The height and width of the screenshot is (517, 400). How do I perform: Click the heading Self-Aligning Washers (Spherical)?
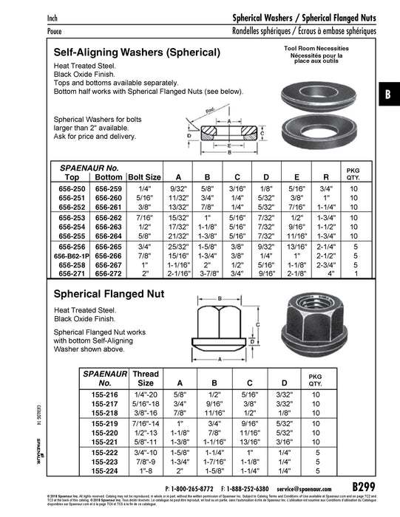coord(138,53)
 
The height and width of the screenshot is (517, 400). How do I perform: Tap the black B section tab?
coord(388,94)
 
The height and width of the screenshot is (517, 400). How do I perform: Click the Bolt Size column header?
coord(144,177)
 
